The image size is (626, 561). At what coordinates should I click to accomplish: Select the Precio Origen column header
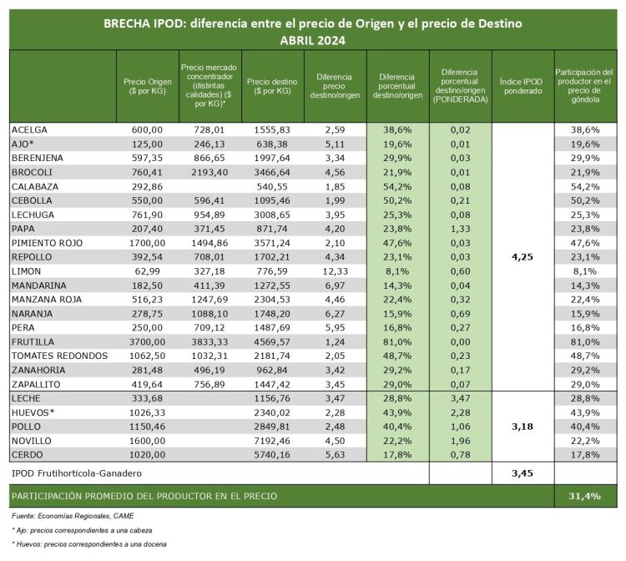point(146,86)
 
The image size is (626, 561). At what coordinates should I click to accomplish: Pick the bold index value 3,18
point(522,426)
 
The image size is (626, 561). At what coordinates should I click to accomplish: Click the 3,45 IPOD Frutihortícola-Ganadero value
point(522,473)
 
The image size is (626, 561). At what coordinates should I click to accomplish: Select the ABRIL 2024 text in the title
point(313,39)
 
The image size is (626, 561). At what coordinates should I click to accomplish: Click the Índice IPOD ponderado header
point(522,86)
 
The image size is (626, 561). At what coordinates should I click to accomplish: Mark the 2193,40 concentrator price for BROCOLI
point(208,171)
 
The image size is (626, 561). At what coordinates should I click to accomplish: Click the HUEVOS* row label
point(34,412)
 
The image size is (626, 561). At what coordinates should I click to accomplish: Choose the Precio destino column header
point(270,86)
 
